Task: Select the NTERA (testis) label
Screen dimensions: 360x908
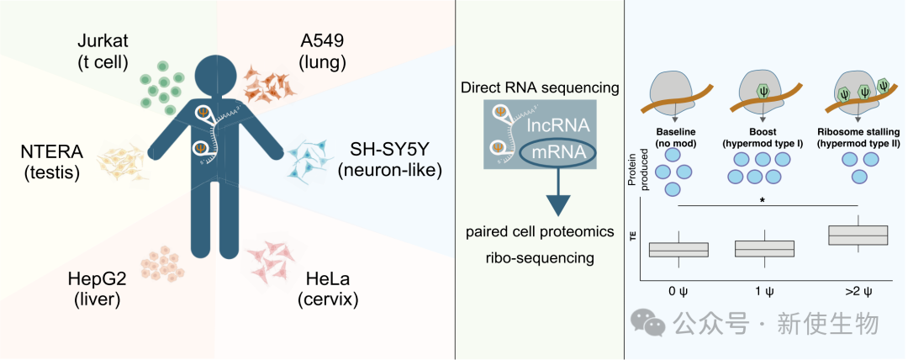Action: click(x=49, y=161)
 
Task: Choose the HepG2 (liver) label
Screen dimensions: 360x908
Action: click(x=96, y=289)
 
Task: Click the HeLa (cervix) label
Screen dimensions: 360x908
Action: click(x=323, y=289)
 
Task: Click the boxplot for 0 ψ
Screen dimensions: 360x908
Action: click(x=678, y=249)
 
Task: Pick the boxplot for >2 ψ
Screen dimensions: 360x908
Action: click(x=858, y=235)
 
